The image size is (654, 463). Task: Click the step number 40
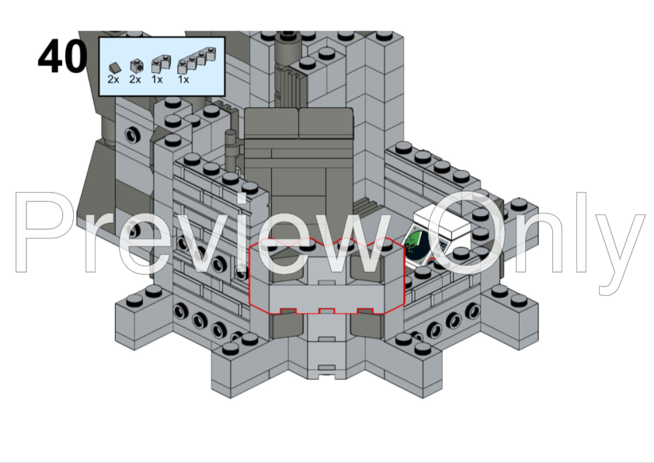pos(63,56)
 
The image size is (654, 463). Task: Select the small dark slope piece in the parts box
pos(114,67)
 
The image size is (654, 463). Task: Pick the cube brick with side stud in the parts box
pos(136,66)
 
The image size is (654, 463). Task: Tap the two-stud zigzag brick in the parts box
pos(161,64)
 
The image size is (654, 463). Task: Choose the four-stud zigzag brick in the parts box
pos(197,61)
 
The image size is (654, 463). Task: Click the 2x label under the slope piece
pos(113,79)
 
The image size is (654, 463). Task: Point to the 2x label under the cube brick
pos(135,79)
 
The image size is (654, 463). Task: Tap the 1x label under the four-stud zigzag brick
pos(183,79)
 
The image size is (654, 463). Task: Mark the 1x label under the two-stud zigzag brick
pos(157,79)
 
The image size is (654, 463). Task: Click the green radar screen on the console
pos(416,246)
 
